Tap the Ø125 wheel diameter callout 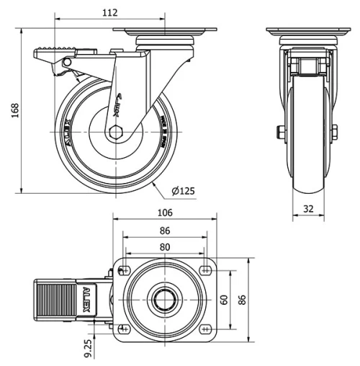click(184, 190)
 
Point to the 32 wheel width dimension click(308, 209)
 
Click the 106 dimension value click(164, 212)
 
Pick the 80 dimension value click(164, 246)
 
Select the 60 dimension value click(224, 298)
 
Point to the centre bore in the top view click(164, 298)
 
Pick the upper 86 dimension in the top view click(164, 230)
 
